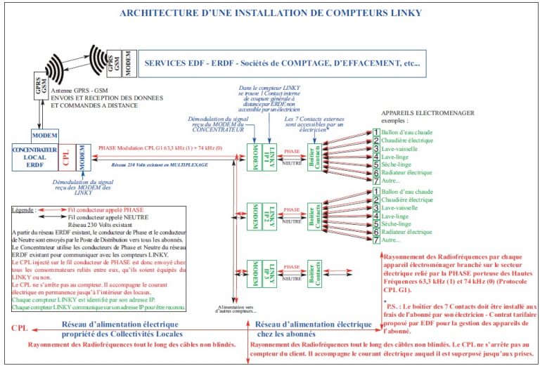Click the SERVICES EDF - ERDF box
coord(281,63)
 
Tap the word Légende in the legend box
coord(25,209)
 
